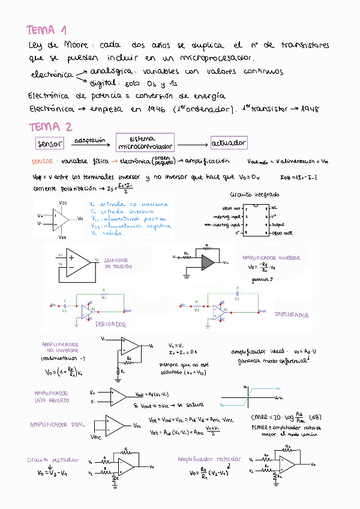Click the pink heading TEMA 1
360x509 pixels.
pyautogui.click(x=47, y=31)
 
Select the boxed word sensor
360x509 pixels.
pyautogui.click(x=50, y=144)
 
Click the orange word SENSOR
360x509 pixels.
pyautogui.click(x=43, y=161)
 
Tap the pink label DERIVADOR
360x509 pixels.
pyautogui.click(x=110, y=325)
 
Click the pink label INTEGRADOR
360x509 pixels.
pyautogui.click(x=292, y=315)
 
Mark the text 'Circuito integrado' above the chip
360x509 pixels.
pyautogui.click(x=254, y=195)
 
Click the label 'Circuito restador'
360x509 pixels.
pyautogui.click(x=52, y=460)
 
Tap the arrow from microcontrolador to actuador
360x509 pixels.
pyautogui.click(x=191, y=145)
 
